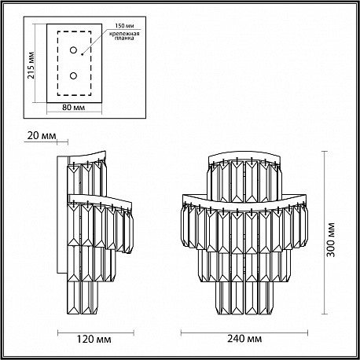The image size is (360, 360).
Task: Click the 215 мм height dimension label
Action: click(31, 65)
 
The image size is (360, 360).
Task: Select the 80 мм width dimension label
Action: click(74, 108)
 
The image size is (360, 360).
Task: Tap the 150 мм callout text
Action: click(124, 26)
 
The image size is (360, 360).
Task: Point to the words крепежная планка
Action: click(124, 36)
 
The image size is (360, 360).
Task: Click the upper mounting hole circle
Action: click(73, 50)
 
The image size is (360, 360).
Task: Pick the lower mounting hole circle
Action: click(73, 76)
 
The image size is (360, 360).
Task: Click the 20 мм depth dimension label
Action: click(42, 135)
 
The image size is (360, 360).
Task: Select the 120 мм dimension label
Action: click(94, 340)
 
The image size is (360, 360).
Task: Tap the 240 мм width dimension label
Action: click(244, 339)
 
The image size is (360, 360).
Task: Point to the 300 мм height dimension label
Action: click(331, 240)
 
